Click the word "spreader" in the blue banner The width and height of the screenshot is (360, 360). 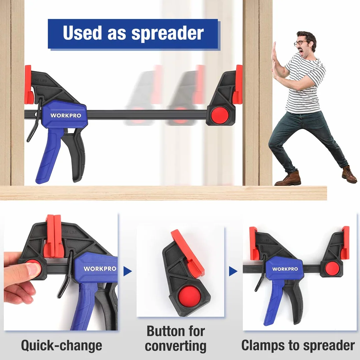[x=168, y=34]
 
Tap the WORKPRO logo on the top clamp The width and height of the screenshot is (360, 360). [x=66, y=115]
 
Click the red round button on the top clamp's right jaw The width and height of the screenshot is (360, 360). [x=220, y=115]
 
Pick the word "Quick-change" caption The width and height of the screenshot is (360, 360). [x=61, y=346]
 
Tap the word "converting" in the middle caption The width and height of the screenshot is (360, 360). [x=176, y=346]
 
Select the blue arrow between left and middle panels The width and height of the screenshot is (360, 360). [x=128, y=272]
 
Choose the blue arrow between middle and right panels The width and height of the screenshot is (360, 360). [x=233, y=271]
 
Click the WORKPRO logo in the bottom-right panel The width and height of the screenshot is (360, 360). [x=285, y=269]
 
